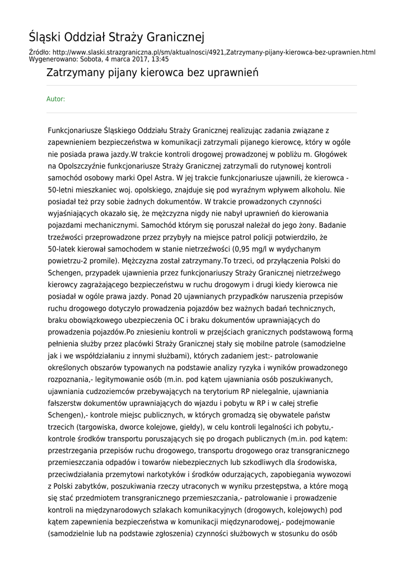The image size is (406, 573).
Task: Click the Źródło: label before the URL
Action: pyautogui.click(x=41, y=52)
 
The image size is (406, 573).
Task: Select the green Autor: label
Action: pyautogui.click(x=55, y=99)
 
